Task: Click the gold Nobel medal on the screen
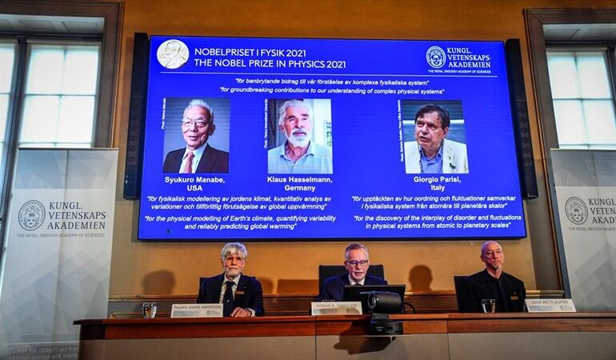(173, 54)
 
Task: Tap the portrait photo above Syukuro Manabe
(196, 135)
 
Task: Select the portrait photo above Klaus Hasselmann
(299, 136)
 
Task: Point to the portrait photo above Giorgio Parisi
(433, 137)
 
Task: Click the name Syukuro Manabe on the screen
(195, 180)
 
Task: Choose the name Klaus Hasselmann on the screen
(299, 180)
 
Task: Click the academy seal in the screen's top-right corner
(435, 57)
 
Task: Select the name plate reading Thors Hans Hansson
(197, 310)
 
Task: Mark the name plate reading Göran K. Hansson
(336, 308)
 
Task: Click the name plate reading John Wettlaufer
(550, 305)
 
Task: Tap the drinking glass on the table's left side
(149, 310)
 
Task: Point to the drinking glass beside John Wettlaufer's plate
(488, 306)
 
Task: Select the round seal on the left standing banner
(31, 215)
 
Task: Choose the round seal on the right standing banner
(575, 210)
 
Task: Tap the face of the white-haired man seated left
(234, 262)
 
